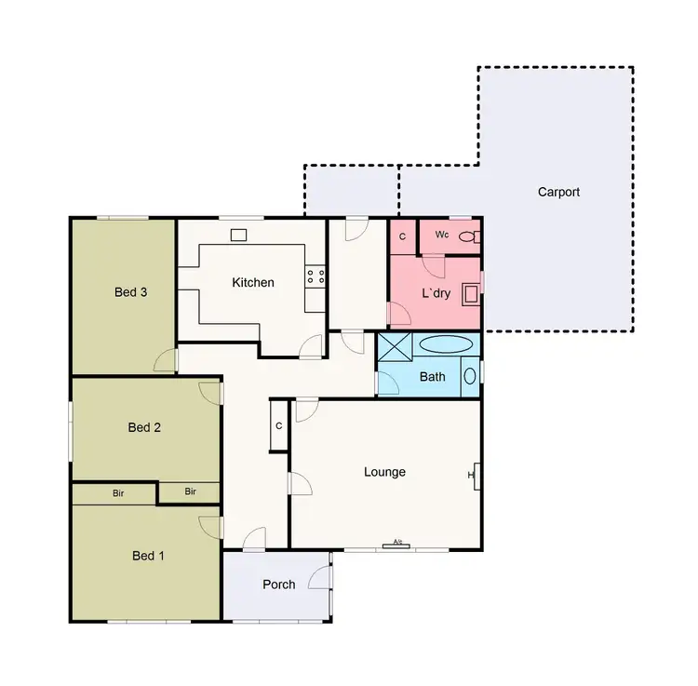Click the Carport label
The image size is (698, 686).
coord(558,192)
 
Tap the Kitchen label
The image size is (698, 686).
coord(253,282)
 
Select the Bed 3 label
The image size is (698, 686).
coord(131,291)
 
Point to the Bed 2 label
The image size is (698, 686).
coord(144,427)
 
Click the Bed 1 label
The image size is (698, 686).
coord(148,556)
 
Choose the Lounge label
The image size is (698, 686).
coord(384,472)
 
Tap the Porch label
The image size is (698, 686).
coord(278,585)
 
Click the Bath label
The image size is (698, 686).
coord(433,377)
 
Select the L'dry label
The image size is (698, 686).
coord(436,292)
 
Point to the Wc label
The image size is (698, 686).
coord(443,235)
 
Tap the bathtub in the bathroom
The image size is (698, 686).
coord(445,344)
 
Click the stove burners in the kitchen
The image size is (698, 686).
coord(315,276)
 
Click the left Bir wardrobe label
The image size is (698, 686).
coord(118,492)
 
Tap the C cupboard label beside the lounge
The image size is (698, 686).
coord(279,426)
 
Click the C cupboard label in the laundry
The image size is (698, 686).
coord(402,236)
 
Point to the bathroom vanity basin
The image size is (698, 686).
coord(470,376)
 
